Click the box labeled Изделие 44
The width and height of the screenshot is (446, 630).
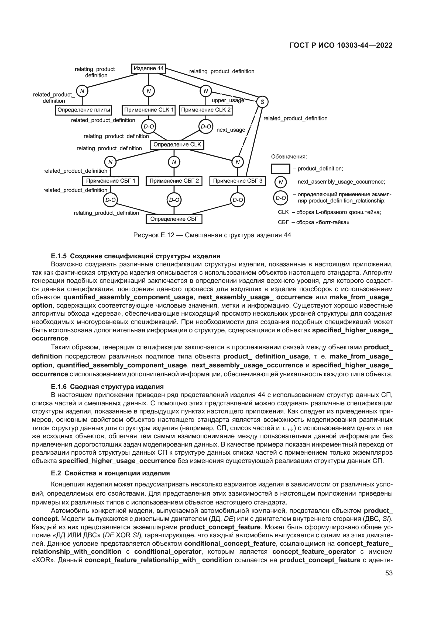point(149,69)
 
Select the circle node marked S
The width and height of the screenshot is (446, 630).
point(262,102)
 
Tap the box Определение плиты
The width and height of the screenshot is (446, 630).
point(84,110)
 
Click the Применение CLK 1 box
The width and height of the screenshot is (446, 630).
point(149,110)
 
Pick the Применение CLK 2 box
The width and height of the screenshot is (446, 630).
point(206,110)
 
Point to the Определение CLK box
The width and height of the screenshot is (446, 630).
point(177,145)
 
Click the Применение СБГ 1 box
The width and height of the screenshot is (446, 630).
point(110,181)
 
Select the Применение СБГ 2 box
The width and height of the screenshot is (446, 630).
point(174,181)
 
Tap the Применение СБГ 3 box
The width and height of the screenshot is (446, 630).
point(238,181)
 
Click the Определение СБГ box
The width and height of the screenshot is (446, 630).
point(174,219)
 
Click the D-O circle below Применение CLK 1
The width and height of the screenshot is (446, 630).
point(149,127)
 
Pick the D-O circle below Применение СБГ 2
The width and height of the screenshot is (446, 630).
point(174,200)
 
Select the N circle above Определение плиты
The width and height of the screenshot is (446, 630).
point(82,91)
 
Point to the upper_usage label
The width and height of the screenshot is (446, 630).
point(228,100)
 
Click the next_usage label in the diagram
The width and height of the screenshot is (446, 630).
point(231,130)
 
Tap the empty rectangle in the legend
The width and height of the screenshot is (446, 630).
point(280,169)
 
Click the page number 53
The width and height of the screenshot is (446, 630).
point(389,573)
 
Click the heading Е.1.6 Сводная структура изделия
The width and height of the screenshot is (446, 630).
point(107,387)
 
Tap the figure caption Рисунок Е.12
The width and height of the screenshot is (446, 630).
point(212,235)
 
